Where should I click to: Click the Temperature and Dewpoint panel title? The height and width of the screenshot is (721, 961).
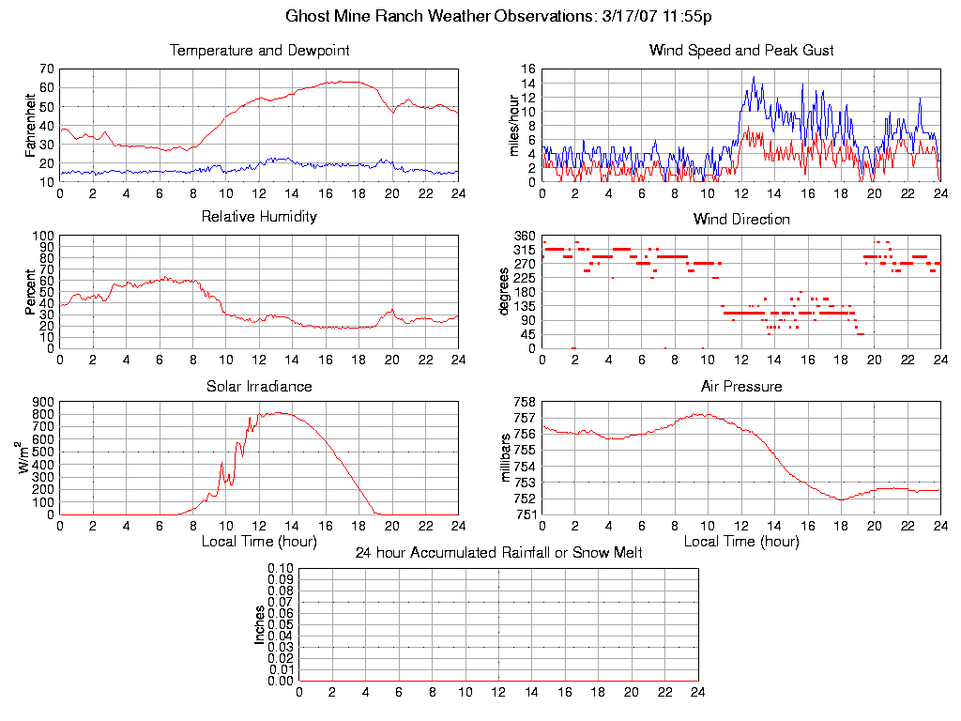coord(259,51)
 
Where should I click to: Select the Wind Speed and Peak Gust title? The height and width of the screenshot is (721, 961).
coord(741,51)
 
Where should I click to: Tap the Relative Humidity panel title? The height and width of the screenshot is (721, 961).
coord(259,217)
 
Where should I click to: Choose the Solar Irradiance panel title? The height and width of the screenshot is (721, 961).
coord(259,386)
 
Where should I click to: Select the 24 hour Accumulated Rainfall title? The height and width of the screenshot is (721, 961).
coord(498,553)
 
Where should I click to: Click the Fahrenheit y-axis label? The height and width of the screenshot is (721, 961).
coord(31,125)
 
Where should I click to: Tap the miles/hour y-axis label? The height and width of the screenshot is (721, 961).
coord(513,125)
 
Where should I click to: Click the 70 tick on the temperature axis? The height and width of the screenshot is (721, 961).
coord(46,69)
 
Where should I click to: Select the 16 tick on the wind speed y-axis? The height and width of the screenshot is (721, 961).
coord(528,69)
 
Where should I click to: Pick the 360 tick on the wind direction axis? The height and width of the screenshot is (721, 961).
coord(525,236)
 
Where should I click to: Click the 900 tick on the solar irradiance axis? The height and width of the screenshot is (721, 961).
coord(42,402)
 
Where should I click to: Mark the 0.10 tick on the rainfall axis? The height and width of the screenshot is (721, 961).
coord(281,569)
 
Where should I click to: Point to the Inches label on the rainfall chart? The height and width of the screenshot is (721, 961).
coord(260,624)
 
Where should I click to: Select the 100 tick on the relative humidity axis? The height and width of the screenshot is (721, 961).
coord(42,236)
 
